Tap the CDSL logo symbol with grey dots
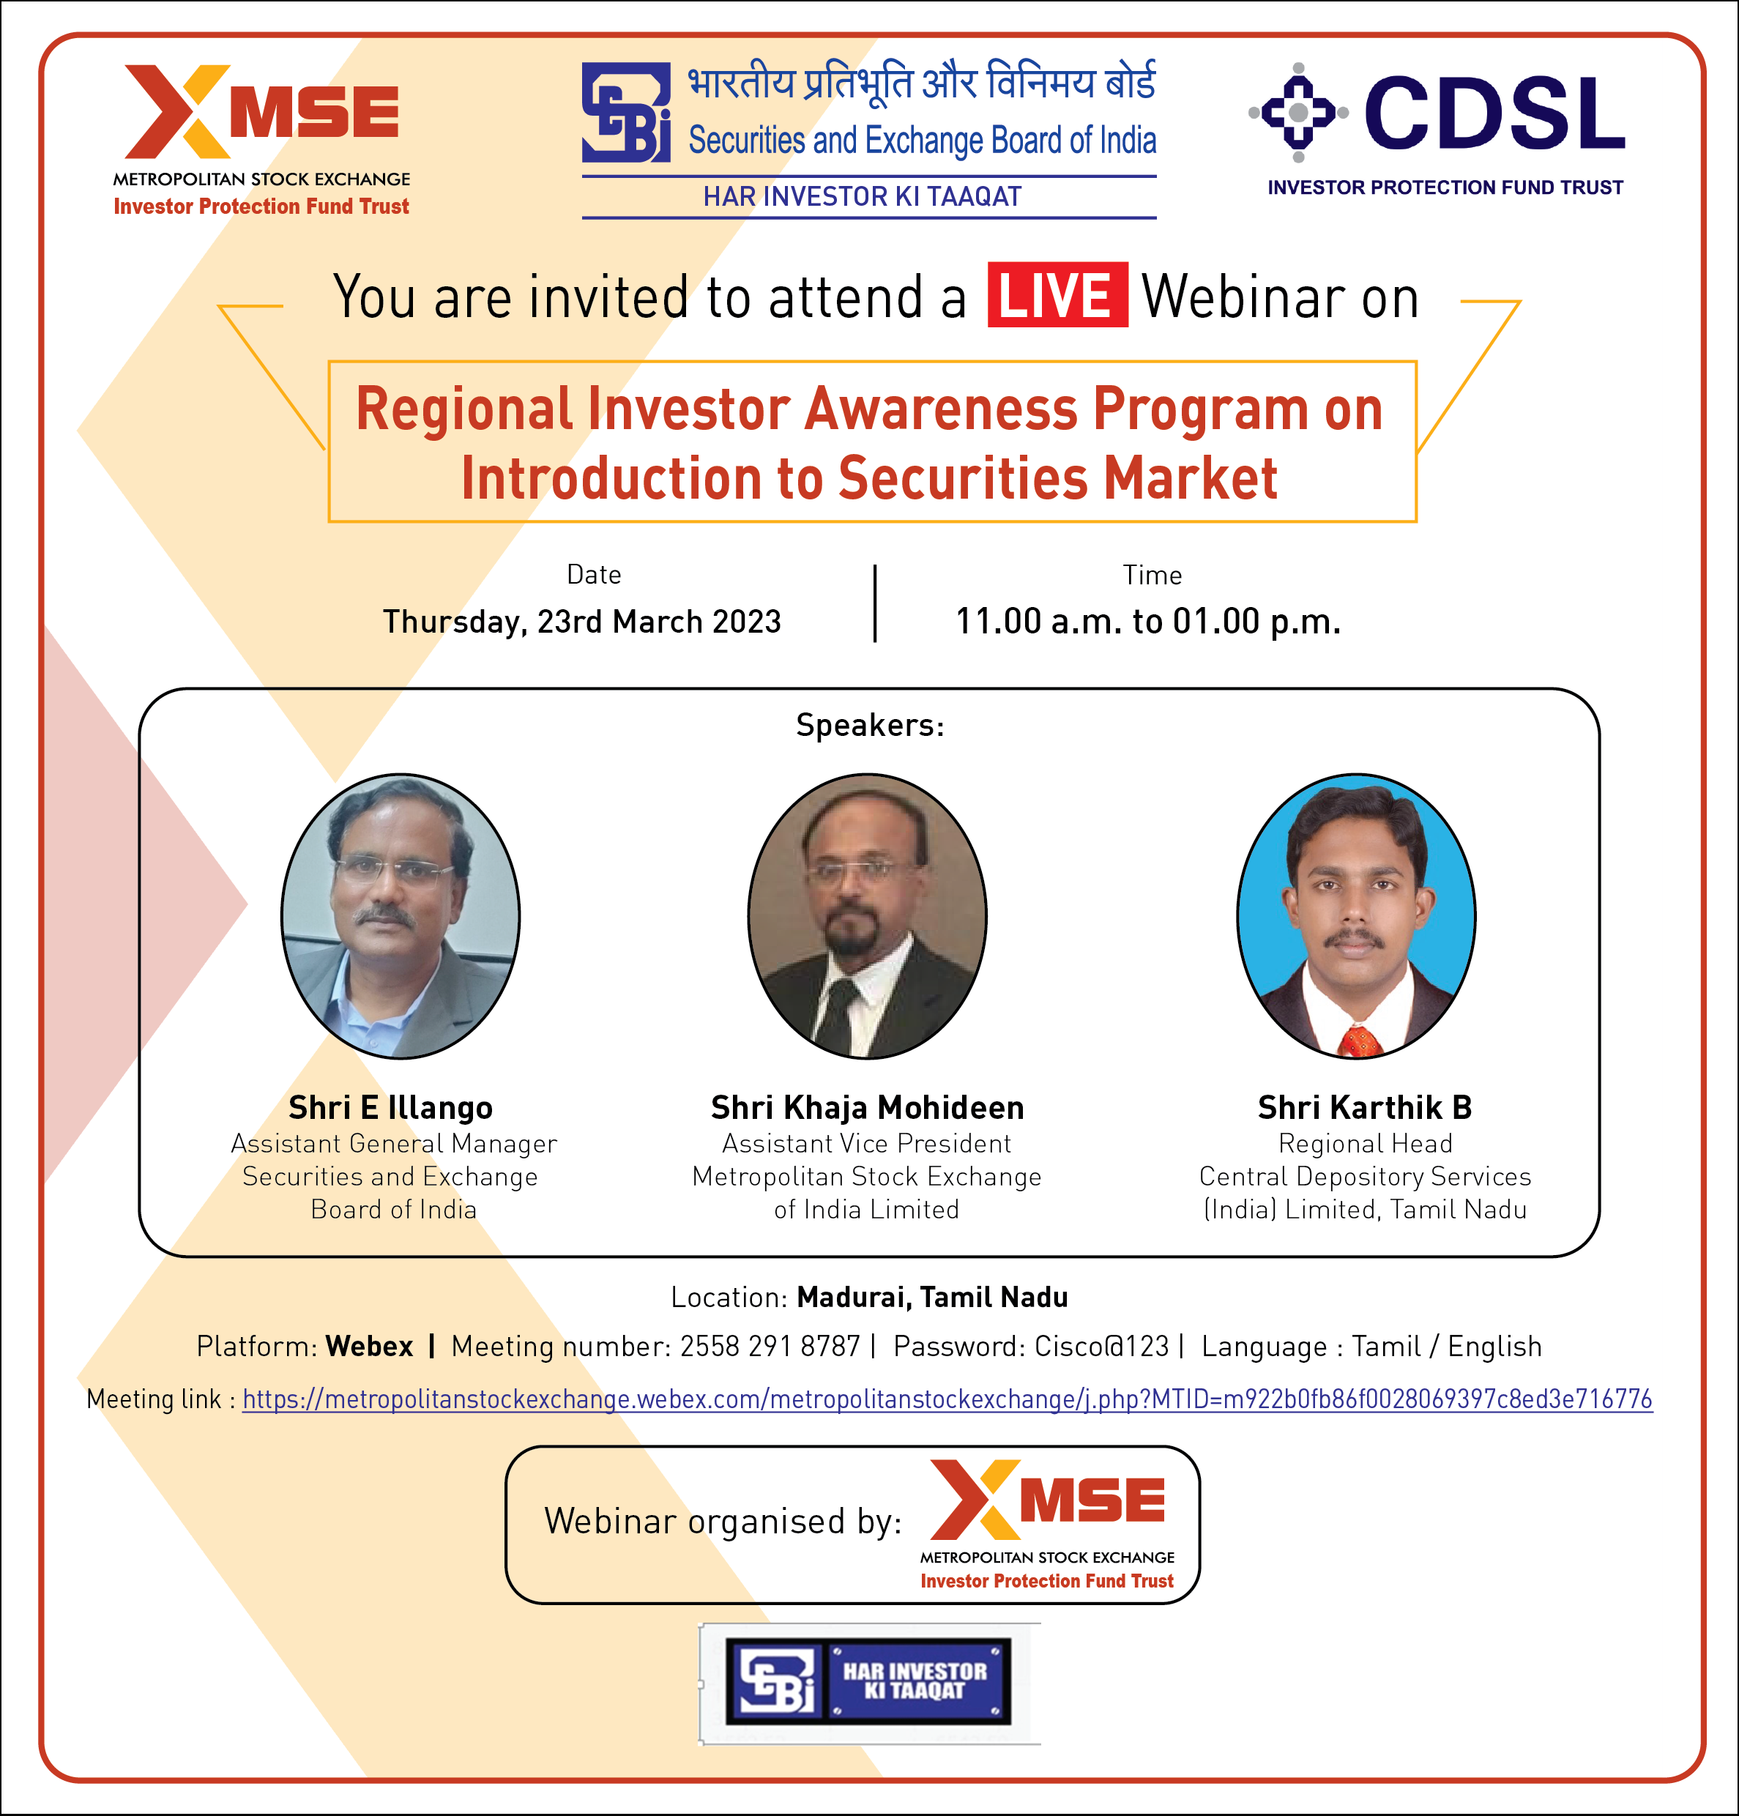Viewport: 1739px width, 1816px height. (1298, 113)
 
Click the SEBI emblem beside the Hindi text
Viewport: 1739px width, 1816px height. (625, 112)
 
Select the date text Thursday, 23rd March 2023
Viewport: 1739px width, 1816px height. (582, 621)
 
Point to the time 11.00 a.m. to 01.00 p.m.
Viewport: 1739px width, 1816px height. (1148, 621)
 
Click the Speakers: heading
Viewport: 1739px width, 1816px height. (870, 724)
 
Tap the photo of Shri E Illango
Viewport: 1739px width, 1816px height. (401, 916)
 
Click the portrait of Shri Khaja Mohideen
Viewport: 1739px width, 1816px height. (867, 916)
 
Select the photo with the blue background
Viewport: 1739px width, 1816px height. (1356, 916)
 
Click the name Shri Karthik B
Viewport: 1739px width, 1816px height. (1365, 1107)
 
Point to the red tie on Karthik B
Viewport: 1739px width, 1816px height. (1359, 1041)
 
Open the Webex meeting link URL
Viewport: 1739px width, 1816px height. (947, 1399)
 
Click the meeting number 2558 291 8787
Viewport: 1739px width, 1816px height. (770, 1346)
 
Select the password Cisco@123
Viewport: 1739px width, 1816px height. (1101, 1346)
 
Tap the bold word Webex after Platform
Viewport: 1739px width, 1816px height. (370, 1346)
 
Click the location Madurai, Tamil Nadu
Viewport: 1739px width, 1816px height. (932, 1297)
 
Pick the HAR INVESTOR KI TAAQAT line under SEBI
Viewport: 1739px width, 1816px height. (863, 196)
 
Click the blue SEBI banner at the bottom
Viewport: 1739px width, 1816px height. (868, 1683)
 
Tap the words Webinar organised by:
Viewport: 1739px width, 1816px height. (723, 1522)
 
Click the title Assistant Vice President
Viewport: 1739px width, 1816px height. (866, 1143)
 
